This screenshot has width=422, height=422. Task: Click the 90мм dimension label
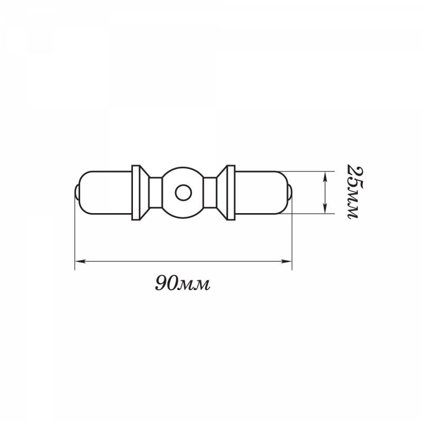click(182, 283)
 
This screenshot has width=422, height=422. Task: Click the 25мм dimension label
click(355, 191)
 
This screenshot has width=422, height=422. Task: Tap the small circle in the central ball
click(183, 193)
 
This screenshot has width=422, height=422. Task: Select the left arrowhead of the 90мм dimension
click(80, 261)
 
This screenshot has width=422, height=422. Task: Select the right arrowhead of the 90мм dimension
click(286, 261)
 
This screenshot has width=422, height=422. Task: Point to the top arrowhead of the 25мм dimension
click(325, 177)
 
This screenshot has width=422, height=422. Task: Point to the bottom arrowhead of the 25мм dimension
click(325, 208)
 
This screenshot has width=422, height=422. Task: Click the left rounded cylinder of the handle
click(105, 193)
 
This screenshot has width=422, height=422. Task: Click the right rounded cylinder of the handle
click(261, 193)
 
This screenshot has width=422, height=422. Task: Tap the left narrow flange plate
click(136, 193)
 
